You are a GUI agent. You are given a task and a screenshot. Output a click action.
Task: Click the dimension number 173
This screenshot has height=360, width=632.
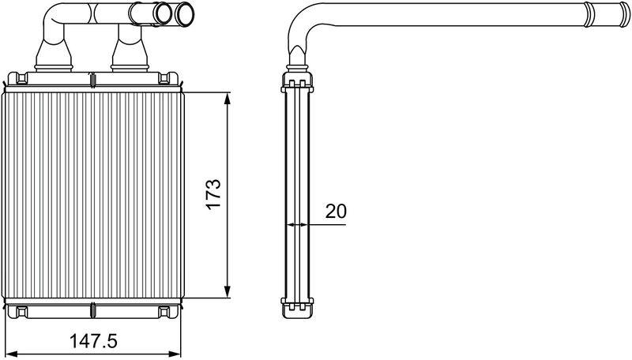pyautogui.click(x=213, y=193)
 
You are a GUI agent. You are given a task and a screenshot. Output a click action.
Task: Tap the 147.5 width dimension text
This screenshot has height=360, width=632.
pyautogui.click(x=93, y=342)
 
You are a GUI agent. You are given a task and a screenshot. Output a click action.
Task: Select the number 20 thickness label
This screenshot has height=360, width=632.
pyautogui.click(x=336, y=211)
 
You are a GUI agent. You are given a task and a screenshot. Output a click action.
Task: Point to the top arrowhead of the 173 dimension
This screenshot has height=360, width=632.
pyautogui.click(x=228, y=99)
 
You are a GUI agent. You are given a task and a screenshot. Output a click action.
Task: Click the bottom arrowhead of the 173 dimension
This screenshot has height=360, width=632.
pyautogui.click(x=228, y=292)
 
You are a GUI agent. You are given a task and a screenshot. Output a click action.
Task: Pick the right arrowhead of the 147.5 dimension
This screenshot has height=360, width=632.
pyautogui.click(x=174, y=354)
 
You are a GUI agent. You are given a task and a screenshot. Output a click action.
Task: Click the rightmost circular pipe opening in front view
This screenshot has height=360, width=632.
pyautogui.click(x=185, y=14)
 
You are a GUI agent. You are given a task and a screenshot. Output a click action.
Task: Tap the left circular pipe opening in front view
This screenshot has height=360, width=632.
pyautogui.click(x=164, y=13)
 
